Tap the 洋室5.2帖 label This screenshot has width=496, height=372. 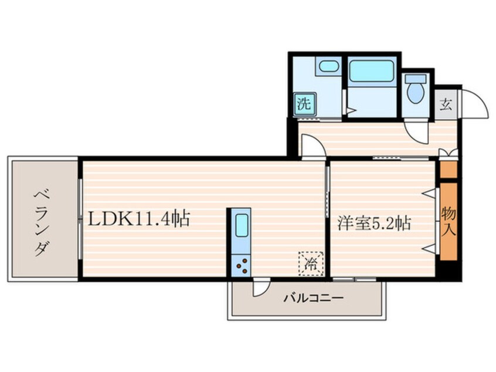point(373,223)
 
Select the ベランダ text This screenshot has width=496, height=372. point(41,221)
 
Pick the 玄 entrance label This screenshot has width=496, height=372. point(446,106)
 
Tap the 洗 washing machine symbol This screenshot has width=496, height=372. point(304,104)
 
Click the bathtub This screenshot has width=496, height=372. point(371,72)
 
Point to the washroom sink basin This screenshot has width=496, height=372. point(328,66)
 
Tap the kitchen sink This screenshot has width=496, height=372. point(241,225)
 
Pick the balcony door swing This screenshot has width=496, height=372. point(259,287)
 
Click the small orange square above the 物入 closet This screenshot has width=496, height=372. point(448,170)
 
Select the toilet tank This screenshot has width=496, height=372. point(415,79)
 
